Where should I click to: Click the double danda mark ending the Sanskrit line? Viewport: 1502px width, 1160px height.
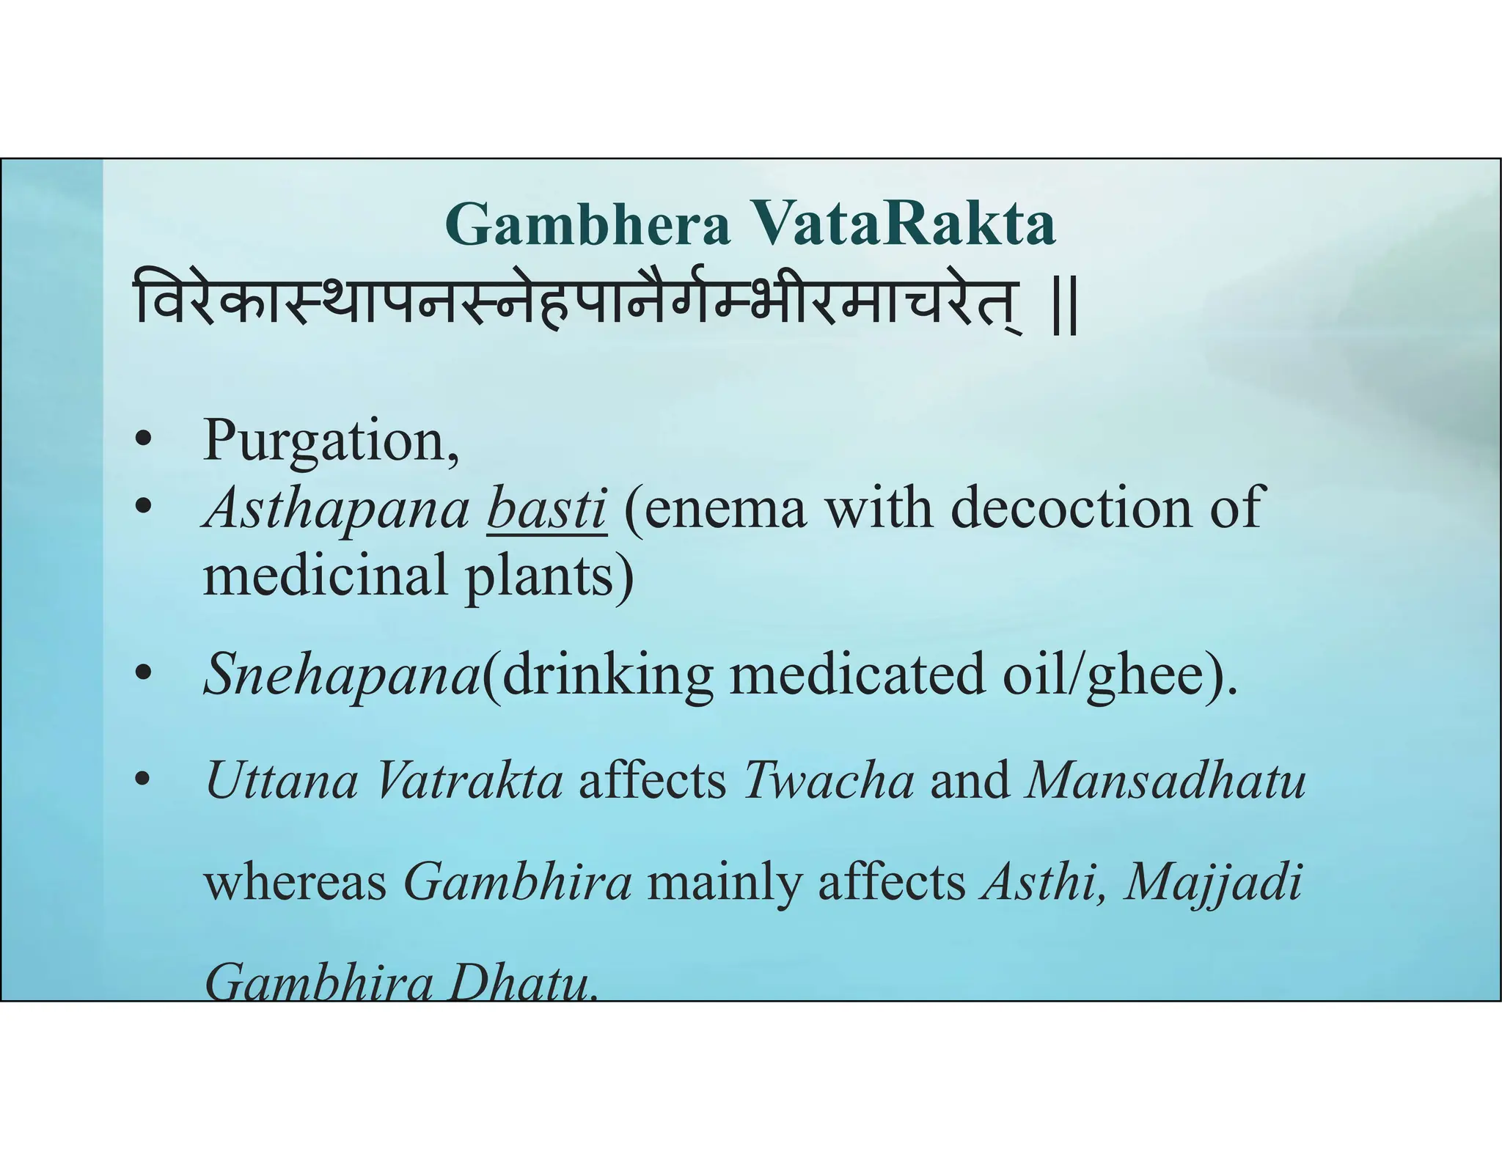(x=1064, y=312)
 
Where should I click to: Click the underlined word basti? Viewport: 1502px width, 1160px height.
(x=546, y=508)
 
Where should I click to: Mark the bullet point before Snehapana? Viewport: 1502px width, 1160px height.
(x=143, y=672)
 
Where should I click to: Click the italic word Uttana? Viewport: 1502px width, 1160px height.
(x=282, y=780)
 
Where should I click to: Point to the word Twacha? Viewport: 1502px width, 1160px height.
(x=829, y=780)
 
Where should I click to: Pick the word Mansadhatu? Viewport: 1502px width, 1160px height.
(x=1165, y=780)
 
